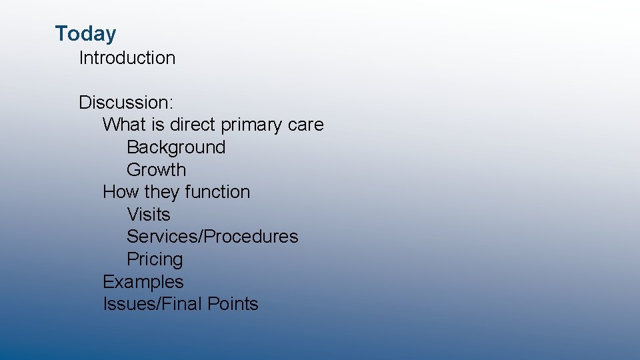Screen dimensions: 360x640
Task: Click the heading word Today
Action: [85, 33]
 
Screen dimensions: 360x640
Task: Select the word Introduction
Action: [127, 58]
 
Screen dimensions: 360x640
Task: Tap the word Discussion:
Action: [126, 103]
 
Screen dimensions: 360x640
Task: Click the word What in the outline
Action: [123, 125]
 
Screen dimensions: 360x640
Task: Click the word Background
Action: [176, 147]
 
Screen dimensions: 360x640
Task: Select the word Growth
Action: [156, 170]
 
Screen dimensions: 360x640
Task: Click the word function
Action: [217, 192]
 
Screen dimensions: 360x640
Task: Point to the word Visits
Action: [148, 215]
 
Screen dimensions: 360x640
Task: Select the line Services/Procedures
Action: [212, 237]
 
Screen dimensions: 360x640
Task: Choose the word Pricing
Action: [154, 259]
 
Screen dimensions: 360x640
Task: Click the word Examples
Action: [143, 282]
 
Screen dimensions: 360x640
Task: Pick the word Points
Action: [233, 304]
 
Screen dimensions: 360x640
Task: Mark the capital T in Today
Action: [61, 33]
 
